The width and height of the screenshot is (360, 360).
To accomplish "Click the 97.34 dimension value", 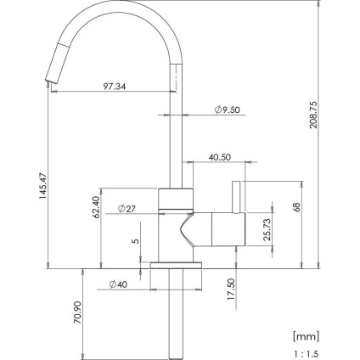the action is point(115,86).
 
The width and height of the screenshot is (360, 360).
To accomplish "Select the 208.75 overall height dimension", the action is point(313,115).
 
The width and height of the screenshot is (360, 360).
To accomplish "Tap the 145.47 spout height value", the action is point(42,186).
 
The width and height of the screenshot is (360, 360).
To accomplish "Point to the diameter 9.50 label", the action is point(227,110).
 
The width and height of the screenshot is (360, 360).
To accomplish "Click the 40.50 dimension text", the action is point(220,157).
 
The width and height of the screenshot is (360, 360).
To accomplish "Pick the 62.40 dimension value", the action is point(96,207).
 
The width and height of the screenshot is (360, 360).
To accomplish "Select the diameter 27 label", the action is point(127,209).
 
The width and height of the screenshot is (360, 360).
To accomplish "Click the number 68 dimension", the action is point(296,207).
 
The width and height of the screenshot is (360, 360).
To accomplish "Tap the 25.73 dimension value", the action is point(267,229).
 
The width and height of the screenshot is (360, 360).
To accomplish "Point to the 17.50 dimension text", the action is point(231,290).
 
